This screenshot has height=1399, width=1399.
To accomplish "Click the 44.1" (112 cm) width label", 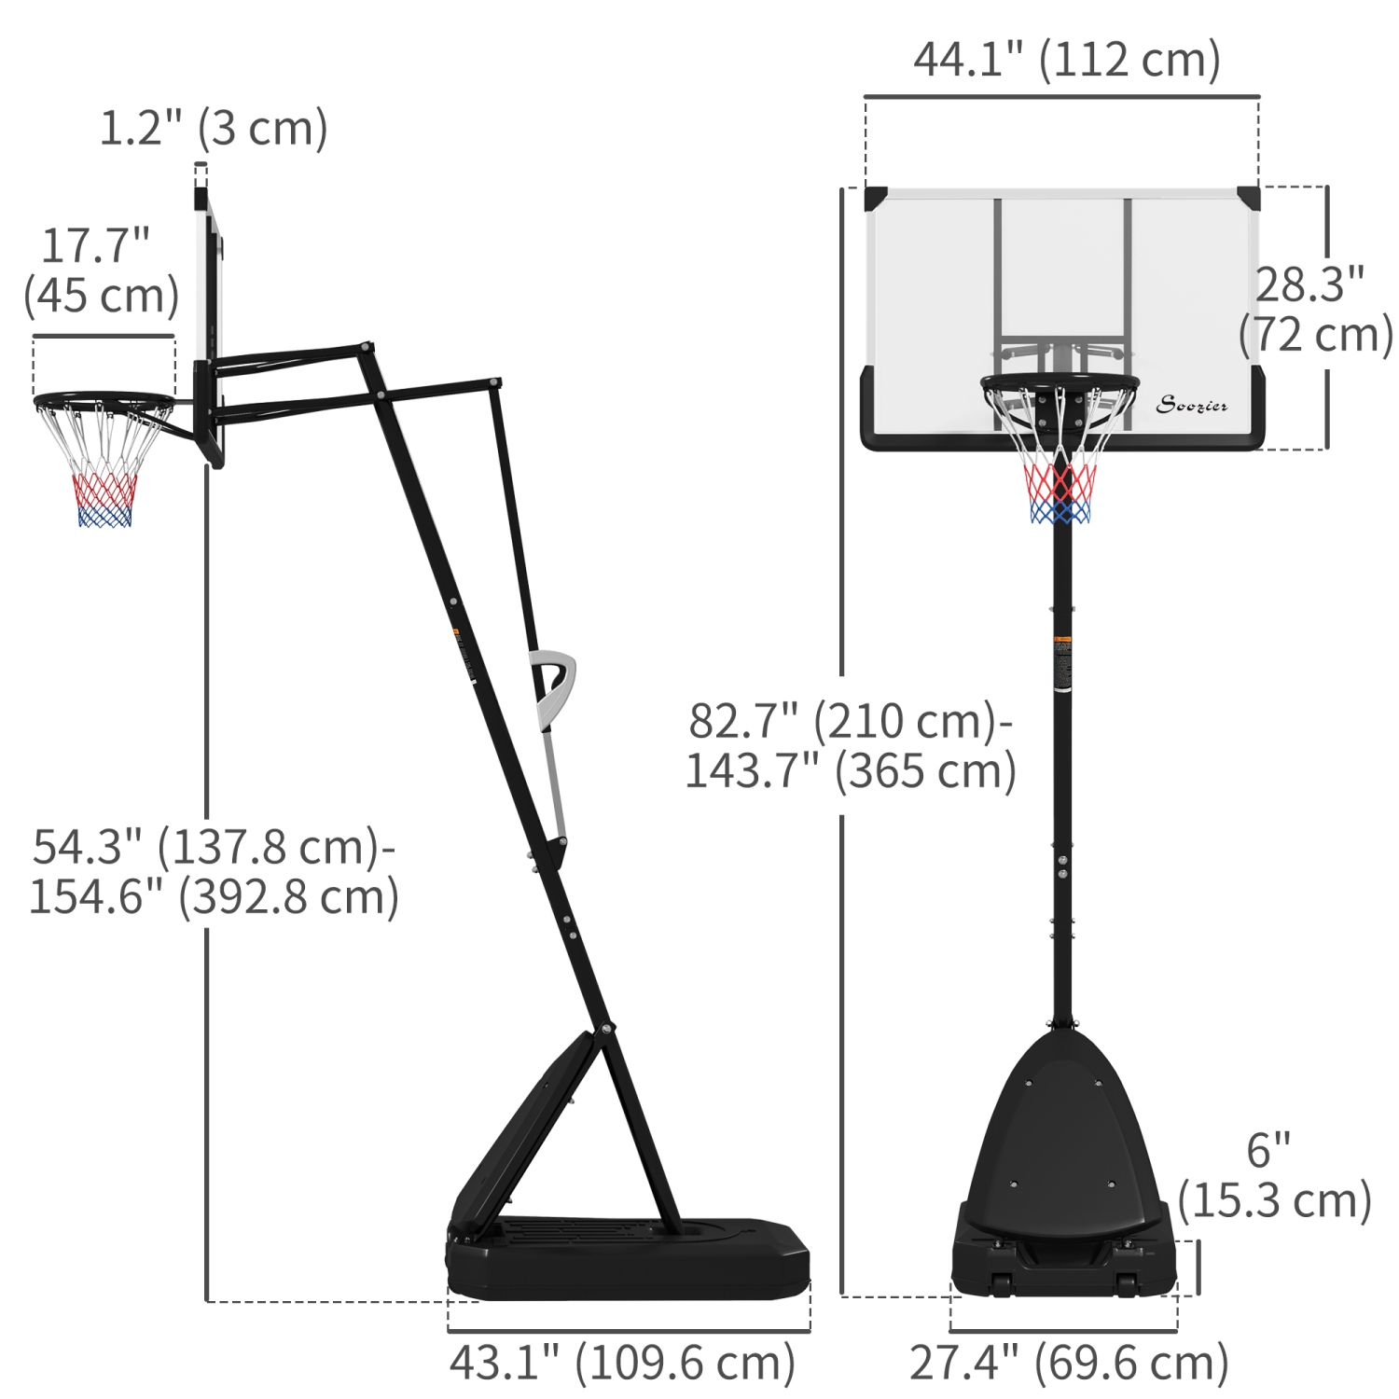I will click(1066, 61).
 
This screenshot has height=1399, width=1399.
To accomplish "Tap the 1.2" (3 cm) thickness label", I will click(214, 129).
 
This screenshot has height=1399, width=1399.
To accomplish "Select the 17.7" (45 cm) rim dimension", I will click(101, 271).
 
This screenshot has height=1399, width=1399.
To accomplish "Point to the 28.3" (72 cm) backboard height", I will click(1315, 310).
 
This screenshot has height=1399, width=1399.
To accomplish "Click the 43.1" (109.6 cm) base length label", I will click(622, 1363).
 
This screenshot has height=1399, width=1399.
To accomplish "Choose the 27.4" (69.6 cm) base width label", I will click(1069, 1363).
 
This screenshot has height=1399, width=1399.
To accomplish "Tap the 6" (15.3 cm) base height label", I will click(1273, 1176).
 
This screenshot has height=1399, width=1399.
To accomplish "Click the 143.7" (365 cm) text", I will click(851, 771).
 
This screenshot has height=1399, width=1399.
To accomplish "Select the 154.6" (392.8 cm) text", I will click(215, 897).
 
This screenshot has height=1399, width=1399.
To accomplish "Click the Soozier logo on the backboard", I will click(1191, 405).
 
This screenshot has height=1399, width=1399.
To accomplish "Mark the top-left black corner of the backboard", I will click(875, 198).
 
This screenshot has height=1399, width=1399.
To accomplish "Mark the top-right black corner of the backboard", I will click(1249, 198).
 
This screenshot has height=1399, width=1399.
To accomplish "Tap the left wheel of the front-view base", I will click(1002, 1284).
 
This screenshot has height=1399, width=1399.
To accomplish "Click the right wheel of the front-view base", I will click(1127, 1284).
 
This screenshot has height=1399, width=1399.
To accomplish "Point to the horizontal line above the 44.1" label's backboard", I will click(1061, 96).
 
